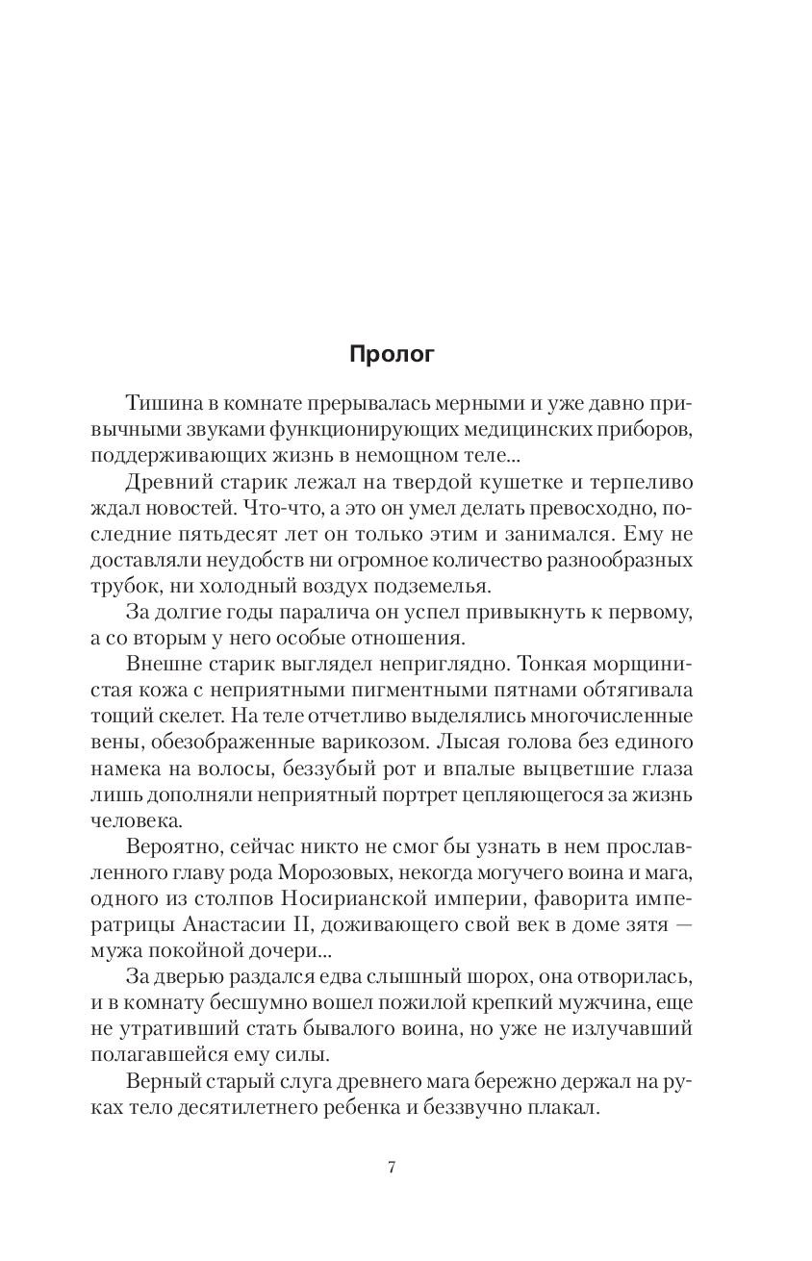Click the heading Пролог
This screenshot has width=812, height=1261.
coord(391,355)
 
